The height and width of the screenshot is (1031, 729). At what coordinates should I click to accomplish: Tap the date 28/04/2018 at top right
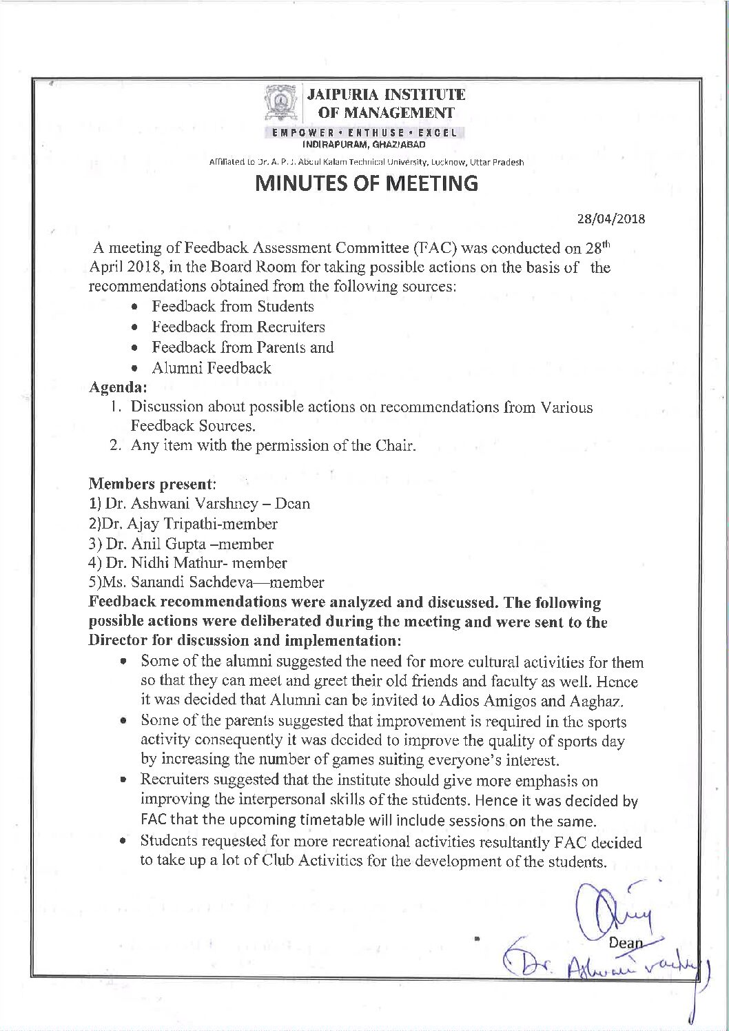click(x=610, y=220)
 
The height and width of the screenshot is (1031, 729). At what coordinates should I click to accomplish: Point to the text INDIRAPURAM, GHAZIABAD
click(x=364, y=145)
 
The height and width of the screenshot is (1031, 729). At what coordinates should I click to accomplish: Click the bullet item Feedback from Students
click(x=232, y=307)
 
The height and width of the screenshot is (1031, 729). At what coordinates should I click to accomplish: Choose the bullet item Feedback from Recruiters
click(x=238, y=327)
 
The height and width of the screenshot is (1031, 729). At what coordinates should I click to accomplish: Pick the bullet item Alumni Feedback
click(x=211, y=369)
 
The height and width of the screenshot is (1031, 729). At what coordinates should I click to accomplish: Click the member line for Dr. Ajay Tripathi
click(x=184, y=524)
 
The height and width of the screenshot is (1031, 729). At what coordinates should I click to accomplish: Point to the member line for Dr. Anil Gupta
click(x=182, y=544)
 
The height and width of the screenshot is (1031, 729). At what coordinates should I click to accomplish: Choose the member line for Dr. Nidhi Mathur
click(x=188, y=564)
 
